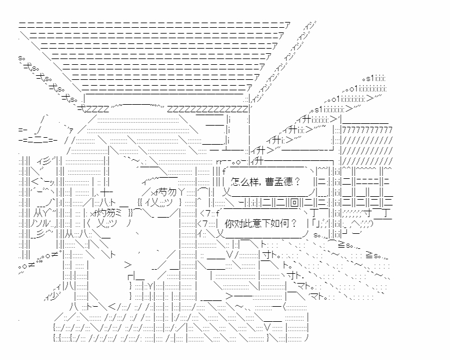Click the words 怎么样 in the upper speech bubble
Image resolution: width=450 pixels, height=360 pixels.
pos(243,181)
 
